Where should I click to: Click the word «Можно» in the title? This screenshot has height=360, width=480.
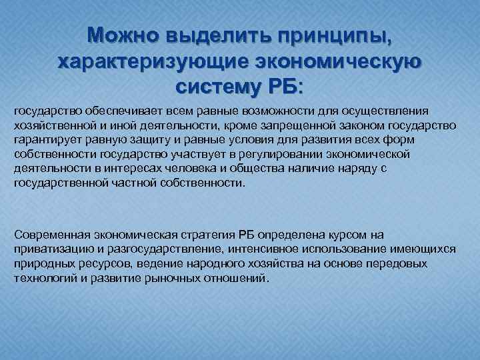click(x=125, y=35)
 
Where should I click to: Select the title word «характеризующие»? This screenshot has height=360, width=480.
click(x=151, y=61)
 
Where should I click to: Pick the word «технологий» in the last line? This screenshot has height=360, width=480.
click(x=41, y=278)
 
